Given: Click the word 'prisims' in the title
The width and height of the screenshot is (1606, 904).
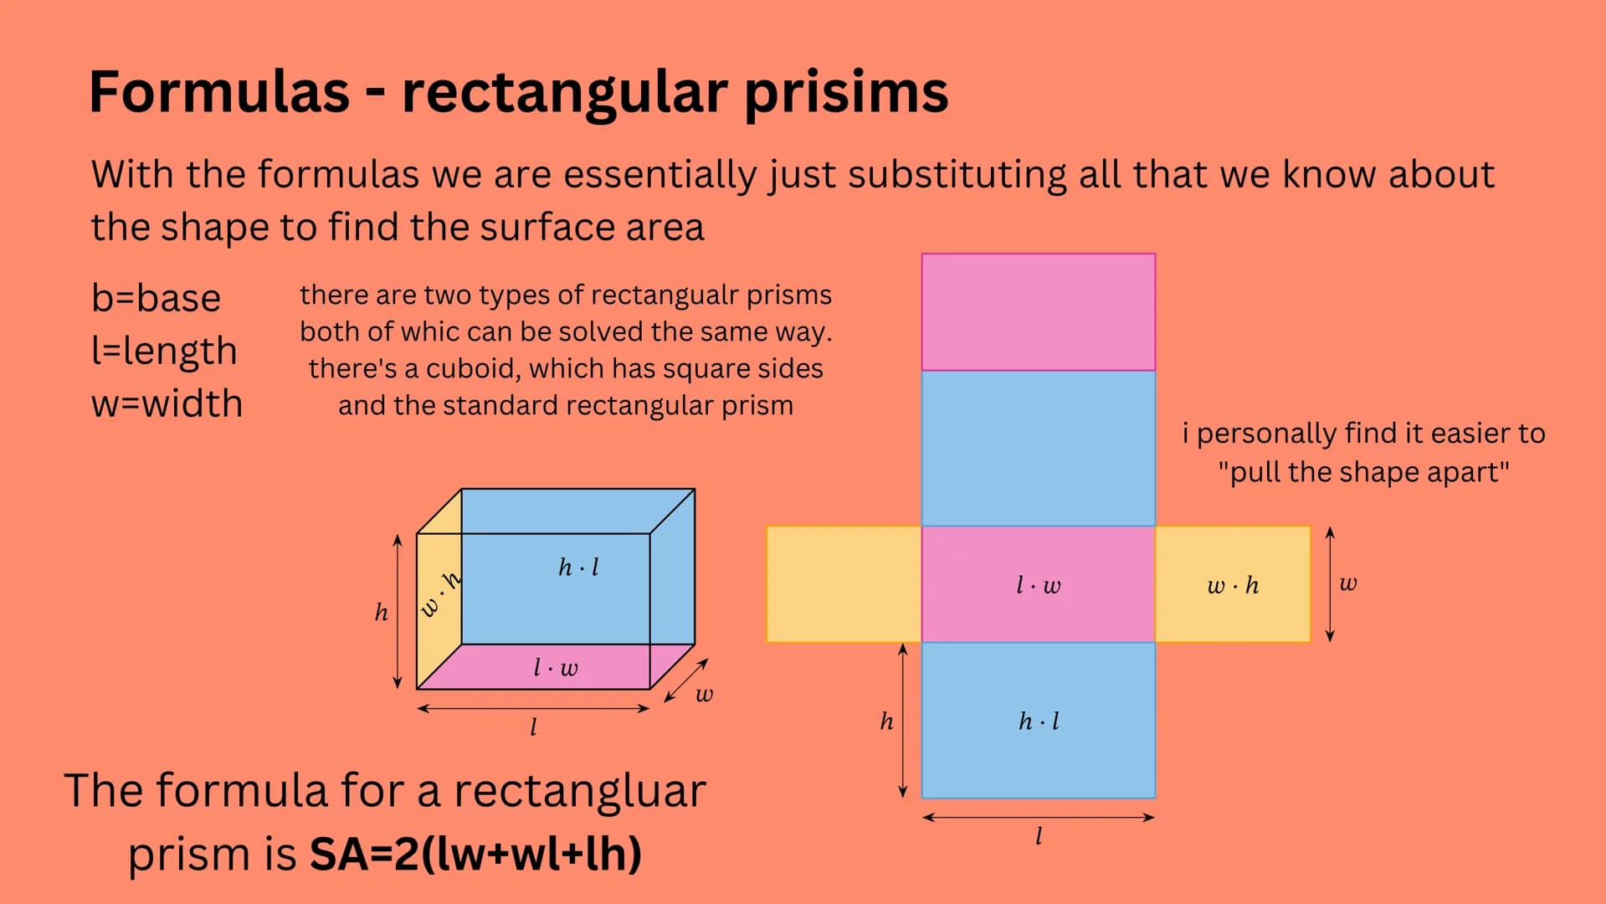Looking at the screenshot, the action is [845, 94].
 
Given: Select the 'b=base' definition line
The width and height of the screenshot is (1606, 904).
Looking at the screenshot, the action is [156, 298].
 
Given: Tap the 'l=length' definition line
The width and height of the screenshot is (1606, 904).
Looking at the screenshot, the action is [164, 352].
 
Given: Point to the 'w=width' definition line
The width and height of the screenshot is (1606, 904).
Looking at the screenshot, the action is [167, 403].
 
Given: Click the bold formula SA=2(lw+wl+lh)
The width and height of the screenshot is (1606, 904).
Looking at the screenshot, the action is [475, 854].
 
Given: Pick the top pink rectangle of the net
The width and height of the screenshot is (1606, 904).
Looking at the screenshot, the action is [1038, 312].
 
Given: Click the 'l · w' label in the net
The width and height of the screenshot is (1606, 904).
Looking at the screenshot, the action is [1038, 585].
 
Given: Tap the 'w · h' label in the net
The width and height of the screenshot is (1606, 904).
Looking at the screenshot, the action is [1233, 585].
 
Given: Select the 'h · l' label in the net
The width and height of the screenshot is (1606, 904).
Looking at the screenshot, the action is [1039, 721].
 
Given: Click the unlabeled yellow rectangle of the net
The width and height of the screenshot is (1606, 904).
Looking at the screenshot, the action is [844, 584].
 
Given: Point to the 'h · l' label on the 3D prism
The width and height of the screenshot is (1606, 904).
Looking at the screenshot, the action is [578, 568].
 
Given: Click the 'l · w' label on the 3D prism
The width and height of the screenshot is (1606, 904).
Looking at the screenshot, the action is [556, 667].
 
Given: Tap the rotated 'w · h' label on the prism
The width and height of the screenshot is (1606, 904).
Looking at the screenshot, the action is [440, 594].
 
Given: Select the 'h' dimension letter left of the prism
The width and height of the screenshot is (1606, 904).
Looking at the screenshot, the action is [382, 613].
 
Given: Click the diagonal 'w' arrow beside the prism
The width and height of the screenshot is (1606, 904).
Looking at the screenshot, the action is [686, 681].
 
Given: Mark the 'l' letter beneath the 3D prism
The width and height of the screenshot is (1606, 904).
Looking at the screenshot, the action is [533, 727].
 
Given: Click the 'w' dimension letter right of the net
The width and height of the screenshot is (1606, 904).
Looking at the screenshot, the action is [1347, 583].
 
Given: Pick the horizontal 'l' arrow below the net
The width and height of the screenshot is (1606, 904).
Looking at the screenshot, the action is [1038, 817].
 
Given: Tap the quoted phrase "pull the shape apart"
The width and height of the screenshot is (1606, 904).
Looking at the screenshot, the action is [1363, 472].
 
